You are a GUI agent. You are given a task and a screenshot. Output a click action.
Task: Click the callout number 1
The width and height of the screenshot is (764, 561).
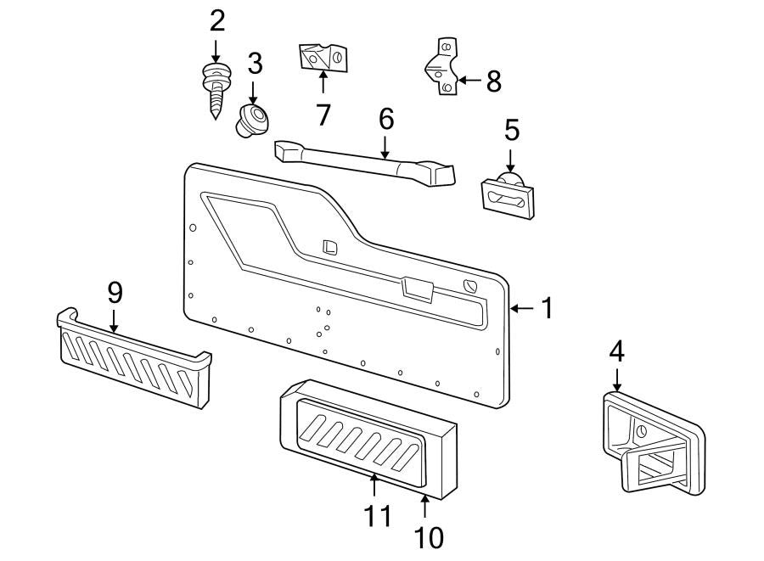click(547, 308)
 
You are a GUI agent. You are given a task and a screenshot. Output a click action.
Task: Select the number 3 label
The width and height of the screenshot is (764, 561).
click(255, 64)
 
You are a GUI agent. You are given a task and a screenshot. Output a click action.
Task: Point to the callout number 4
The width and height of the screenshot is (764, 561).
click(616, 351)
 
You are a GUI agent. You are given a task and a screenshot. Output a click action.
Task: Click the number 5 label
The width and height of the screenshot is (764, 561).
click(511, 130)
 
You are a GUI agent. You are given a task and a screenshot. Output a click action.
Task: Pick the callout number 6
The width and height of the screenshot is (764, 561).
click(385, 119)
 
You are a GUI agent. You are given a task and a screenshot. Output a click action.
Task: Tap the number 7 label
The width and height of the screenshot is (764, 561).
click(323, 113)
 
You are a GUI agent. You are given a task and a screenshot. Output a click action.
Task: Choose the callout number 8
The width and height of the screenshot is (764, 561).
click(492, 81)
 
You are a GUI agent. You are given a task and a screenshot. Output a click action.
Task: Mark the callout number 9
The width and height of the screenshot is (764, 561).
click(115, 292)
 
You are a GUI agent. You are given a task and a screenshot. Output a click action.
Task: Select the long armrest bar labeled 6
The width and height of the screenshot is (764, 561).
click(365, 161)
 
